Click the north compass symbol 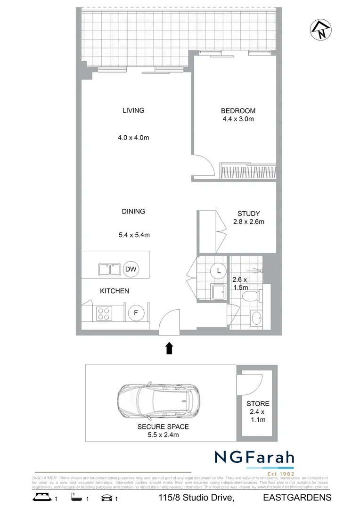tap(320, 30)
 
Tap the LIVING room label tap(133, 111)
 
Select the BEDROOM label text tap(238, 111)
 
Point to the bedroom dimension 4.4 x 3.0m tap(238, 119)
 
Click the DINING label tap(133, 212)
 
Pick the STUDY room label tap(248, 213)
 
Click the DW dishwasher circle tap(131, 270)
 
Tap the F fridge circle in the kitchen tap(136, 312)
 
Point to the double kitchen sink tap(110, 270)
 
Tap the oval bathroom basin tap(257, 318)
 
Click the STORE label tap(258, 404)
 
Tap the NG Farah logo tap(254, 459)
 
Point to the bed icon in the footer tap(41, 498)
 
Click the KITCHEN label tap(114, 291)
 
